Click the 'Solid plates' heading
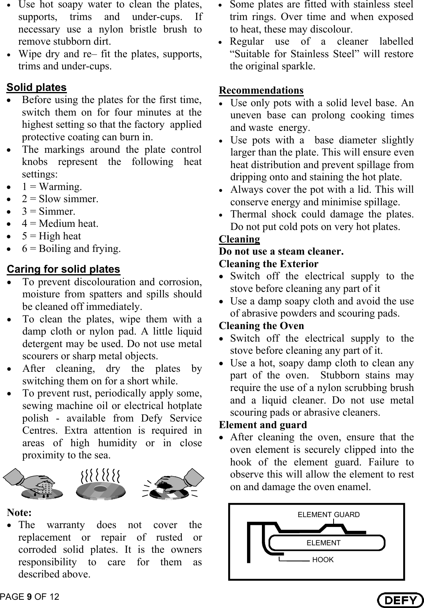tap(37, 87)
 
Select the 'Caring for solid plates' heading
tap(63, 270)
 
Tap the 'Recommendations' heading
tap(261, 90)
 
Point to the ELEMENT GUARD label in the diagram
tap(328, 515)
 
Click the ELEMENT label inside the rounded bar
tap(323, 543)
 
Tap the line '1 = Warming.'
tap(52, 187)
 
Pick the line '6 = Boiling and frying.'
tap(71, 249)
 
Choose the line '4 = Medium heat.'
tap(60, 224)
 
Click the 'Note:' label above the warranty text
tap(19, 512)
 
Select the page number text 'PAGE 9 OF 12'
tap(30, 597)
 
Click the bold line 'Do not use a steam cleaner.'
tap(281, 252)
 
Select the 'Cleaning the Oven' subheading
tap(261, 326)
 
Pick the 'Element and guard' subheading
tap(263, 425)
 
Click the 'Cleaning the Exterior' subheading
tap(269, 264)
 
